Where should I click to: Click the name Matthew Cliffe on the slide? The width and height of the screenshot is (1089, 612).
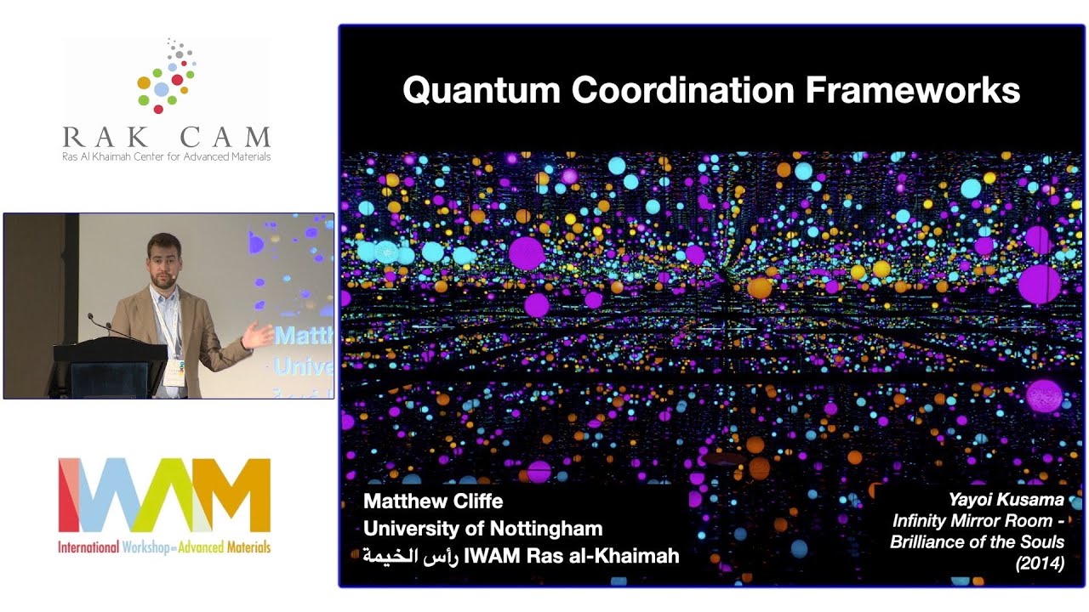[x=433, y=501]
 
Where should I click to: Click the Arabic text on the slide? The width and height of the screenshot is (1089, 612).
[x=410, y=556]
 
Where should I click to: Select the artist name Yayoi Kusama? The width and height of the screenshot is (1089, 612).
[x=1006, y=501]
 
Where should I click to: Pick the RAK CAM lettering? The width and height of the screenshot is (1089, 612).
[x=167, y=137]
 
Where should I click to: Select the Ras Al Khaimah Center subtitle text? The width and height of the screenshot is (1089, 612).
[x=167, y=156]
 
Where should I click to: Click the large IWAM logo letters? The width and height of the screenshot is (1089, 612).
[x=164, y=495]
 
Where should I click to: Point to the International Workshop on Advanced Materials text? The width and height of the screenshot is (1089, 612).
[x=164, y=547]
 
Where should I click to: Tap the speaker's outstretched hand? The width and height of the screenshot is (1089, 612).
[x=254, y=337]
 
